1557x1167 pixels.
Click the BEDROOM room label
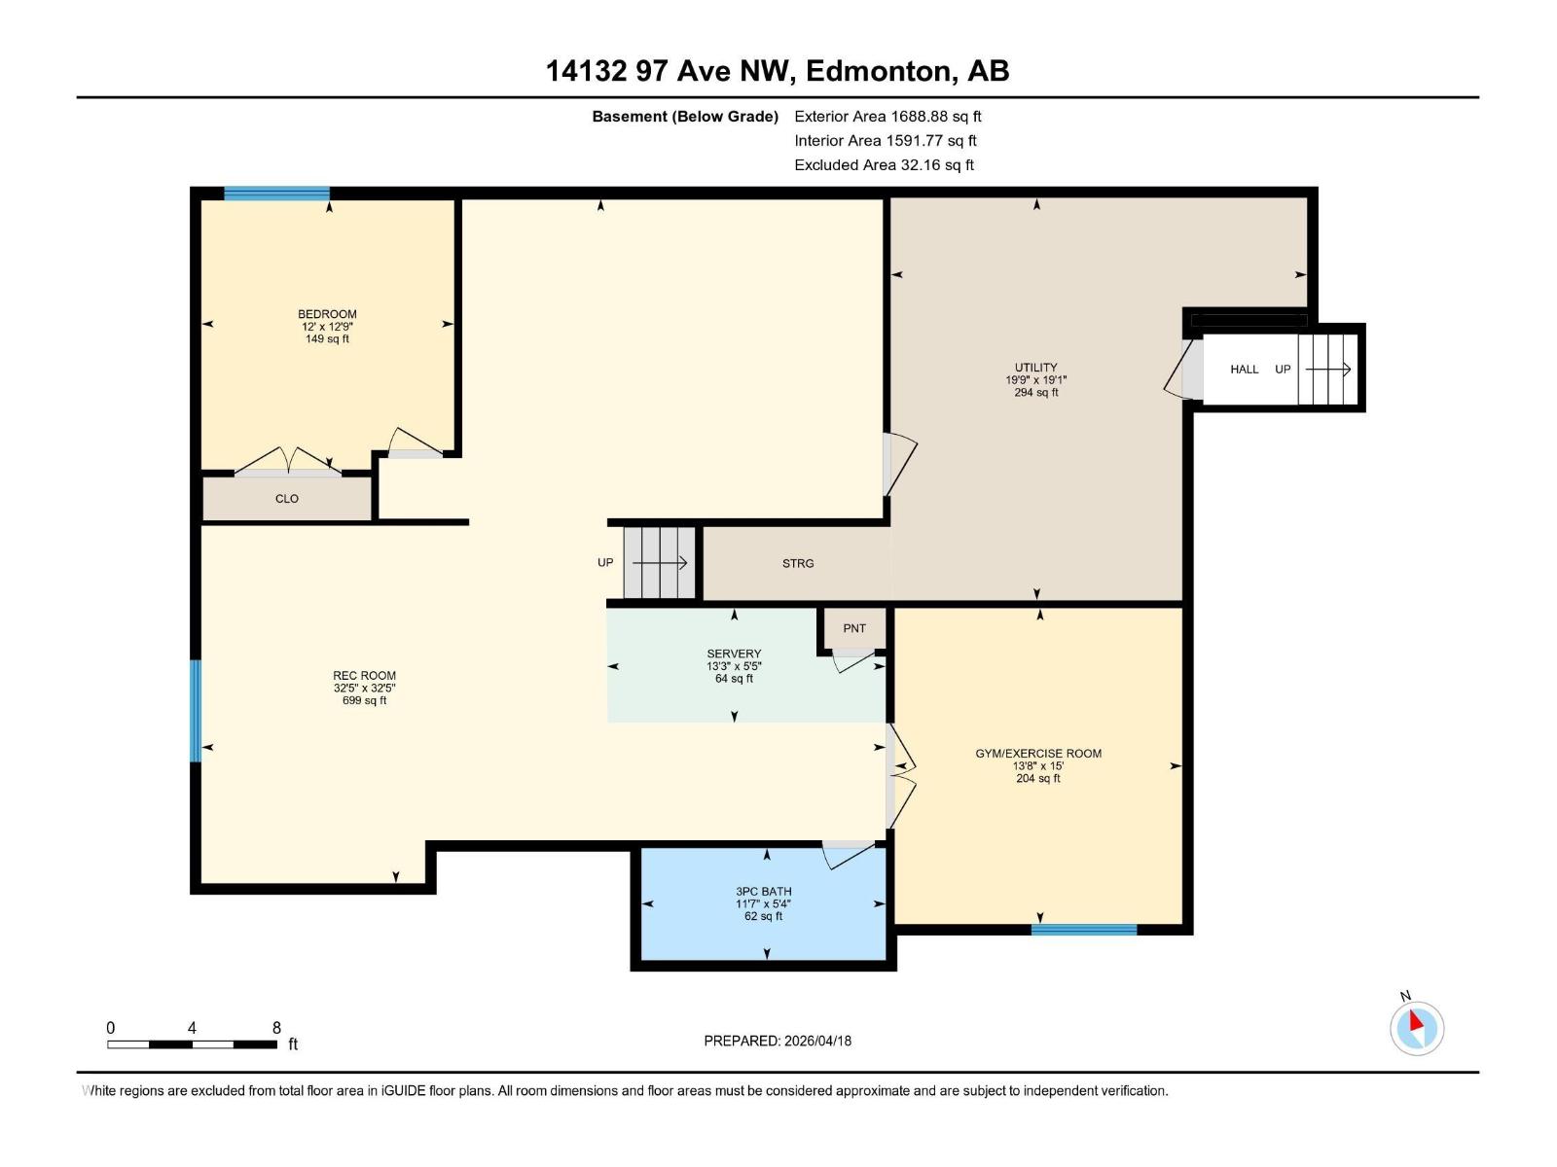pos(327,314)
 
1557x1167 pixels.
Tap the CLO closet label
pos(286,499)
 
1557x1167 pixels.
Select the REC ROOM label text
pos(364,676)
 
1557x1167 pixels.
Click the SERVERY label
pos(734,654)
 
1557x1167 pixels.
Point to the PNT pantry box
pos(853,628)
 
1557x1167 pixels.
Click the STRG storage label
pos(798,564)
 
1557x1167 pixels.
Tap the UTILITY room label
pos(1035,369)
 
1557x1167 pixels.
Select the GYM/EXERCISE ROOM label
pos(1038,754)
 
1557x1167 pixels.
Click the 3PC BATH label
pos(763,892)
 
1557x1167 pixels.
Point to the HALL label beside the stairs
pos(1244,370)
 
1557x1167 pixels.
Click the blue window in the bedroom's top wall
pos(276,194)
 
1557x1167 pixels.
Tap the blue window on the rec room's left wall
pos(196,711)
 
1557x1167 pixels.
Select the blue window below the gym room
pos(1083,930)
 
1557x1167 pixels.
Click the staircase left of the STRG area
pos(660,563)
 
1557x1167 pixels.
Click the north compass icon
pos(1416,1027)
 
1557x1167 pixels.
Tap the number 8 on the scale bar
pos(276,1028)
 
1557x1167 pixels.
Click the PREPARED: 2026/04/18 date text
pos(778,1041)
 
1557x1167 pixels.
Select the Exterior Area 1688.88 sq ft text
pos(887,117)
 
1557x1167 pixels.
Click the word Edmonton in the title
pos(877,71)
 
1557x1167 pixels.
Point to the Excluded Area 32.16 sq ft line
pos(884,165)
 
